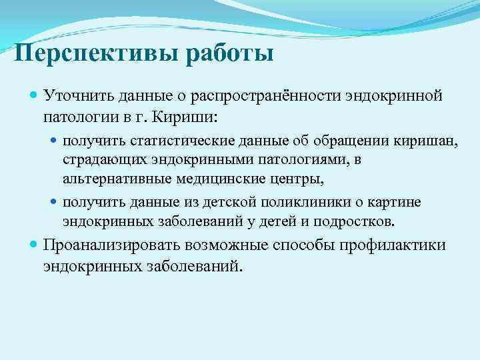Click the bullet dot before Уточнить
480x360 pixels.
[x=35, y=97]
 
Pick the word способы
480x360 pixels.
[x=303, y=245]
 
